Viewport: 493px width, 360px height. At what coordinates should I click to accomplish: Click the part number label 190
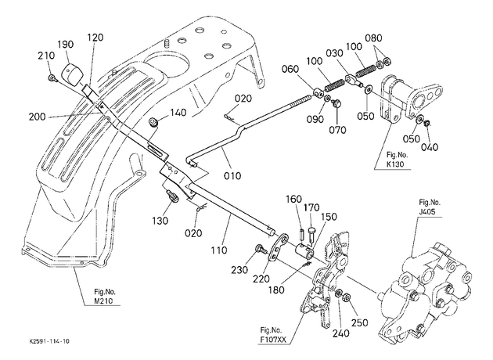[x=66, y=45]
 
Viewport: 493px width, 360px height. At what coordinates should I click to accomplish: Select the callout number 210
[x=46, y=56]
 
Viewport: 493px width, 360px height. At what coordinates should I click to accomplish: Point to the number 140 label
[x=178, y=112]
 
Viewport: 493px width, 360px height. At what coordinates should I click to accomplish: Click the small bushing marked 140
[x=154, y=121]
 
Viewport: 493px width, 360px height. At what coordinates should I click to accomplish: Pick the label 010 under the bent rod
[x=232, y=175]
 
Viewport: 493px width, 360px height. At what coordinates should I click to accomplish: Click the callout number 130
[x=160, y=221]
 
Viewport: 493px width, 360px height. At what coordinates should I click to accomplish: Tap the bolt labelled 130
[x=173, y=196]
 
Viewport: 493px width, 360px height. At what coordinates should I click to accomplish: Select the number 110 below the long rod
[x=219, y=250]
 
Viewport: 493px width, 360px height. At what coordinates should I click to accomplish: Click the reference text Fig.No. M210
[x=105, y=296]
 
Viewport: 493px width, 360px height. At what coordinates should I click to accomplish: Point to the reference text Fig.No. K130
[x=397, y=160]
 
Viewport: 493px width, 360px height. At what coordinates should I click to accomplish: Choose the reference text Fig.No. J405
[x=430, y=207]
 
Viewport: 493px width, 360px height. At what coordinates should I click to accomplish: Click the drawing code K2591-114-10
[x=49, y=341]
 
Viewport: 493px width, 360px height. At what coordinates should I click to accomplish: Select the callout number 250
[x=359, y=322]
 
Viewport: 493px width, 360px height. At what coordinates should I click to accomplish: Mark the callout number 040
[x=430, y=147]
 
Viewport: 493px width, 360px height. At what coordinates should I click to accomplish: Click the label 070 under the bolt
[x=337, y=130]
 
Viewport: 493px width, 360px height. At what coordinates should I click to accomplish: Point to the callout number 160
[x=293, y=199]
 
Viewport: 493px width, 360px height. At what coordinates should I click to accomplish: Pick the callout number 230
[x=239, y=270]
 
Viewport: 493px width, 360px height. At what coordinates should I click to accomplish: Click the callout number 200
[x=37, y=117]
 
